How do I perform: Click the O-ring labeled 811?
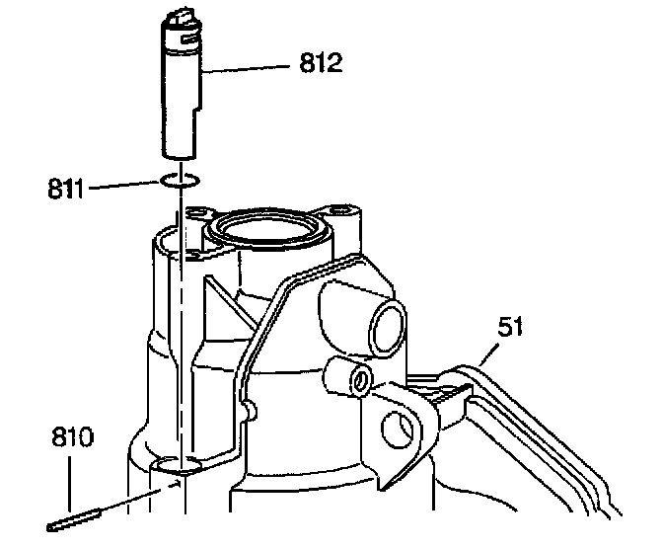(x=180, y=181)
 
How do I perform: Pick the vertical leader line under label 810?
(x=72, y=484)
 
